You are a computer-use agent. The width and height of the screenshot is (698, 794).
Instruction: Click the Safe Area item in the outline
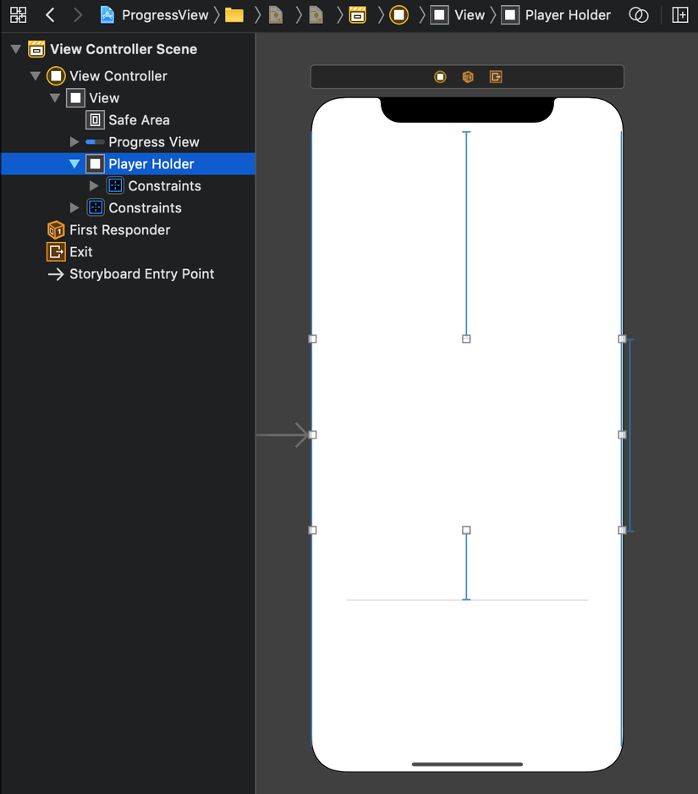pos(139,120)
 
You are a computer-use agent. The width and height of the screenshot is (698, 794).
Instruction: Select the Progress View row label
pos(154,142)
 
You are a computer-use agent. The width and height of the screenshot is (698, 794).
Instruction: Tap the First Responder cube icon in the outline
pos(56,230)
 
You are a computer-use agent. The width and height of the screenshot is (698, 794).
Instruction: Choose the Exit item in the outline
pos(81,251)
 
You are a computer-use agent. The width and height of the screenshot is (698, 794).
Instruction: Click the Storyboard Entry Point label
pos(142,274)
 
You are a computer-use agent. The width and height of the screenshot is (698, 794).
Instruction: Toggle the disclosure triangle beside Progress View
pos(74,142)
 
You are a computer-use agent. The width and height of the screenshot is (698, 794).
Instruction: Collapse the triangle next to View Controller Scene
pos(16,49)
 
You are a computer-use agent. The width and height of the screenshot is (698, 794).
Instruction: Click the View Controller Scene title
pos(124,49)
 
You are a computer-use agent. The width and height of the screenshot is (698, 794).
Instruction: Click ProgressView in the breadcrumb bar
pos(165,15)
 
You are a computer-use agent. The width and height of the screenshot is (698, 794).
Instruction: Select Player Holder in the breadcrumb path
pos(568,15)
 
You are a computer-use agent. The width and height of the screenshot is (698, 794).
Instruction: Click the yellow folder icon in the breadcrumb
pos(234,15)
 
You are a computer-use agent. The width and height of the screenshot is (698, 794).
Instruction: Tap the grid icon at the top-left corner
pos(19,15)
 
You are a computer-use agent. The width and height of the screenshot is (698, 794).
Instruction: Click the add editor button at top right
pos(679,15)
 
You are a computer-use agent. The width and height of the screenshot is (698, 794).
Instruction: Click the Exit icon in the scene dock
pos(496,77)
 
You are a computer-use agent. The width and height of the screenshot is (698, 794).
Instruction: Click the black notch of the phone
pos(467,109)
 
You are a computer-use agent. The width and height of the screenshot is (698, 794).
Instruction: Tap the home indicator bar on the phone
pos(467,764)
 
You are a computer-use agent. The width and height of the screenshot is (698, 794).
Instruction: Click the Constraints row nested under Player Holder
pos(164,186)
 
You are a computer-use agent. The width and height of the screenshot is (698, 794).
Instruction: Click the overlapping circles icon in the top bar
pos(638,15)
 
